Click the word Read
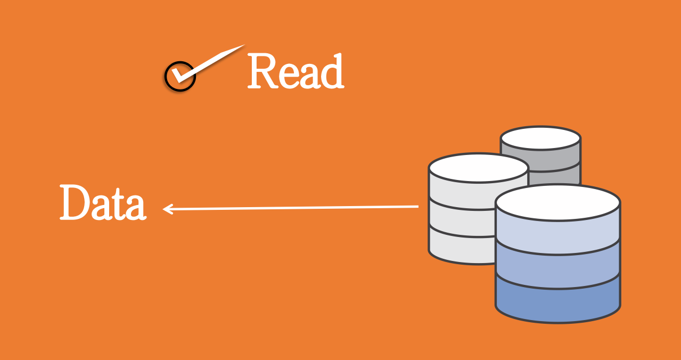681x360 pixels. [x=296, y=72]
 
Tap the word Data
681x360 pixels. [x=102, y=203]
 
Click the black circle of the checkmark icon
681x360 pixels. [x=179, y=77]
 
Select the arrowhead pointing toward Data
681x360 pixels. [x=167, y=209]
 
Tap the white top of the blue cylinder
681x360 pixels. [x=557, y=202]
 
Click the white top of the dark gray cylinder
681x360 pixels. [x=540, y=138]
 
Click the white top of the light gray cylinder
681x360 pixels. [x=478, y=167]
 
